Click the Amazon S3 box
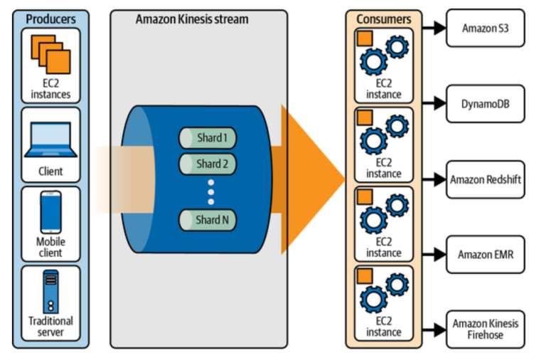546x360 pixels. (x=485, y=28)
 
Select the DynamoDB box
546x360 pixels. (x=485, y=104)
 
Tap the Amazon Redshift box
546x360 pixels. (x=485, y=180)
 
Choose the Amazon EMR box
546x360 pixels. (x=485, y=254)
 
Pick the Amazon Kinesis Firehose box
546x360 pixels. (x=485, y=329)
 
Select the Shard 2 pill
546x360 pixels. (x=208, y=164)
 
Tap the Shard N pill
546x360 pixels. (x=208, y=220)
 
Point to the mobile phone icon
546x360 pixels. (x=50, y=212)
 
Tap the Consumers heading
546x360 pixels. (x=383, y=19)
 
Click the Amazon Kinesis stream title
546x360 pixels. (x=192, y=18)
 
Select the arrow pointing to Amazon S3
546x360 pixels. (x=431, y=28)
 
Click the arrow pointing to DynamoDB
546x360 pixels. (x=431, y=104)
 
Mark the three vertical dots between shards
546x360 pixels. (x=210, y=191)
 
